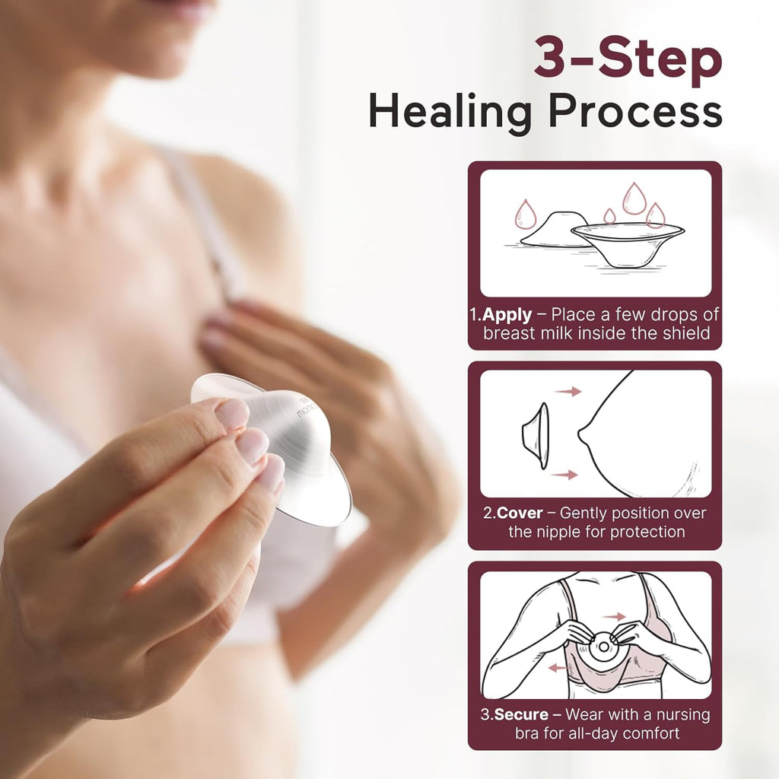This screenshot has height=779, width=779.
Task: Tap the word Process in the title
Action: [636, 112]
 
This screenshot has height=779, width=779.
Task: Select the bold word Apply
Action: [507, 315]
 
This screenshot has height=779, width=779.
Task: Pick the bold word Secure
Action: [521, 715]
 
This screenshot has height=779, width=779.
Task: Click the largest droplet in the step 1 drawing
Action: [634, 198]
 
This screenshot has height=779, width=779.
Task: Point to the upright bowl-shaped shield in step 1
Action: [627, 243]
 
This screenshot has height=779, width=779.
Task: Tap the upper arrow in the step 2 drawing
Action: [568, 391]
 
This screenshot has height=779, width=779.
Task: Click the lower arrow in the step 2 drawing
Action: [565, 475]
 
